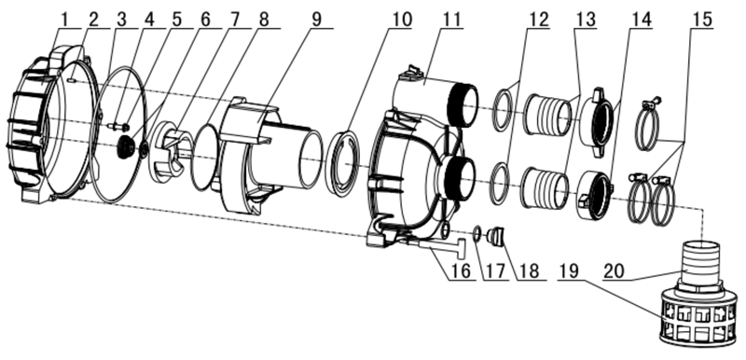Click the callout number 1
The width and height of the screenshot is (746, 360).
tap(63, 20)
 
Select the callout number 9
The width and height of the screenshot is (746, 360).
tap(317, 20)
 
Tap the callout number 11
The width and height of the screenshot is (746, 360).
tap(451, 20)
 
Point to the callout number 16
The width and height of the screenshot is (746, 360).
tap(461, 270)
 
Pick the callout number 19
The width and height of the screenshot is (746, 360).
tap(569, 270)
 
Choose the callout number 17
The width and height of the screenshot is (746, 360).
tap(495, 270)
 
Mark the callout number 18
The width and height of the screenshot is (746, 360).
tap(529, 270)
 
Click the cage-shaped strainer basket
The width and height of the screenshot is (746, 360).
tap(698, 319)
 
